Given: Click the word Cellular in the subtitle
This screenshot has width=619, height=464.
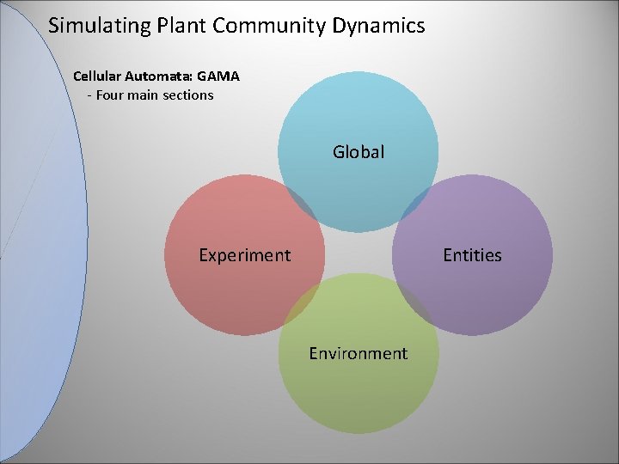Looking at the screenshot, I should [x=100, y=76].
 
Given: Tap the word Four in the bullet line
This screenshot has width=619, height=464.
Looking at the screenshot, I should [x=111, y=95].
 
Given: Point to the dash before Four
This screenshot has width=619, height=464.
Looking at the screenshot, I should [x=89, y=95].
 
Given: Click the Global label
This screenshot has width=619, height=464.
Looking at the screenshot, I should [x=359, y=152].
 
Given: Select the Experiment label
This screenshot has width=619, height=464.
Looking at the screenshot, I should [x=244, y=255].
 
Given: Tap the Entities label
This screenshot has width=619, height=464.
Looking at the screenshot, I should [x=472, y=255].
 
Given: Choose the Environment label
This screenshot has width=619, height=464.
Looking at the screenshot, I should [x=359, y=353].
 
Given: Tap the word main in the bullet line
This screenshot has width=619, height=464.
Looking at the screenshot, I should [x=143, y=95].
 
